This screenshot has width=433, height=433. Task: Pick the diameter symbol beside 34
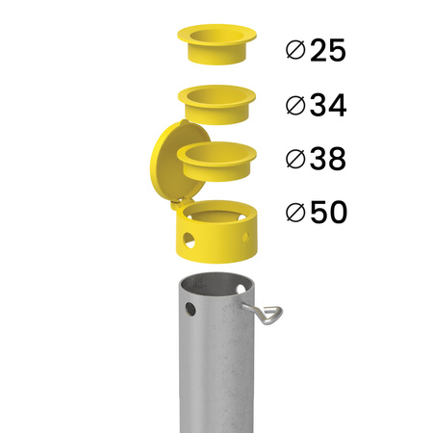[296, 106]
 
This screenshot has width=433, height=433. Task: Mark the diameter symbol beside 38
[296, 160]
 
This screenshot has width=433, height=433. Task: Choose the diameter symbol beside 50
[296, 214]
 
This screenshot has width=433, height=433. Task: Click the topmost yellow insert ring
[216, 44]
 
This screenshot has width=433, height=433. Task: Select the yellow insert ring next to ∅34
[216, 101]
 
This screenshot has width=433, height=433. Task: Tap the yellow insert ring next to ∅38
[216, 159]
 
